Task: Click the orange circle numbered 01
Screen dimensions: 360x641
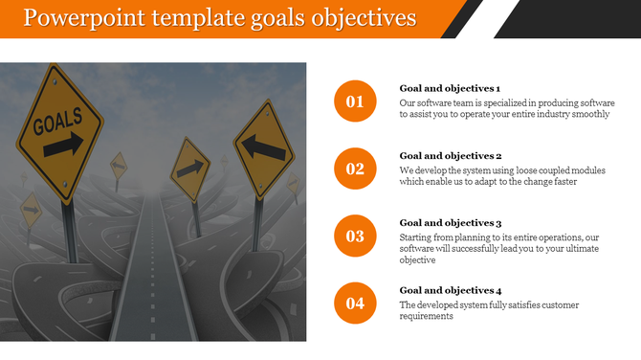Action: click(x=355, y=101)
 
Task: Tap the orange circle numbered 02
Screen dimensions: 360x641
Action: click(x=355, y=169)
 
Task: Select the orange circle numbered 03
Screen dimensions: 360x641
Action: click(x=355, y=236)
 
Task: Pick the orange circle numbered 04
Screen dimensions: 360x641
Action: click(x=355, y=304)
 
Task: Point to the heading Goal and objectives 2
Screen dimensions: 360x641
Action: click(x=451, y=155)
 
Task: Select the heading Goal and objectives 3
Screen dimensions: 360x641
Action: click(x=451, y=222)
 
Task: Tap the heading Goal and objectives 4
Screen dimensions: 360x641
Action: click(x=451, y=290)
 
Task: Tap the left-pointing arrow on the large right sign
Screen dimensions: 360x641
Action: click(x=262, y=147)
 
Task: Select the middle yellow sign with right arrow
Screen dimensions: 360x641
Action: click(x=189, y=170)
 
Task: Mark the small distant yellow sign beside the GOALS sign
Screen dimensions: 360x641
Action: click(x=118, y=166)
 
